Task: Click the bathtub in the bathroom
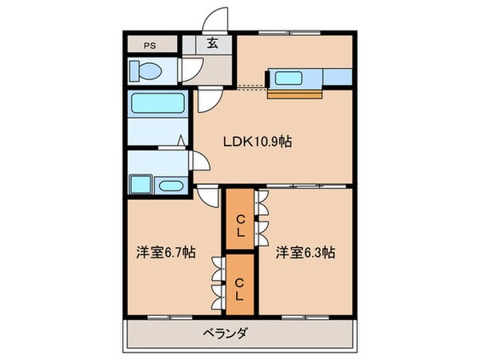(x=157, y=104)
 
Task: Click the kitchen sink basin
(x=286, y=78)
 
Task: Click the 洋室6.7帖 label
(x=164, y=253)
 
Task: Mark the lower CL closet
(x=240, y=284)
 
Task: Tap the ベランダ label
(x=218, y=333)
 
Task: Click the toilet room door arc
(x=190, y=74)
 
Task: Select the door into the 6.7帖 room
(x=206, y=194)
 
